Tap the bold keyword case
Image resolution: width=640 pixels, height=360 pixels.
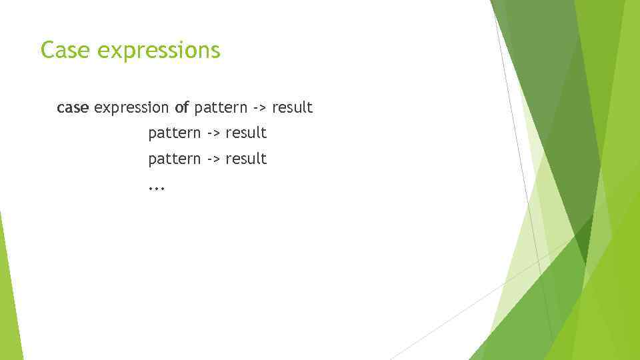pos(73,107)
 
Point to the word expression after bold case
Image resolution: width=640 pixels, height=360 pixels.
pos(132,108)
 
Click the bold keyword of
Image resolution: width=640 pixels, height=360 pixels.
pos(182,107)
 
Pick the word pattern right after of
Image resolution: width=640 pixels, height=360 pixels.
pos(221,108)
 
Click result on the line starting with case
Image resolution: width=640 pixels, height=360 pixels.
pos(292,107)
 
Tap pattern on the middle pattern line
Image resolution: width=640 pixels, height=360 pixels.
pos(174,133)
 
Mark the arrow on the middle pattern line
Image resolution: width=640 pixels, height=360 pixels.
pos(213,133)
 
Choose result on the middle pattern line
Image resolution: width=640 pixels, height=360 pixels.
pos(246,133)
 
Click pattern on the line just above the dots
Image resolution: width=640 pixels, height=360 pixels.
pos(174,159)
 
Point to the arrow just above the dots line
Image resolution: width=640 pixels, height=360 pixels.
pos(213,159)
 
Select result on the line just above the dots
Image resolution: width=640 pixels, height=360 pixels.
pos(246,159)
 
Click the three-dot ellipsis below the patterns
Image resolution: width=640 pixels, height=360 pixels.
pos(156,189)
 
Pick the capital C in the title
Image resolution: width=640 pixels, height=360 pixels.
pos(47,50)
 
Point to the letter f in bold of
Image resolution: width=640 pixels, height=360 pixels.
pos(187,107)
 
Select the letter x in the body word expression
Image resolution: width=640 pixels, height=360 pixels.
pos(106,108)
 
